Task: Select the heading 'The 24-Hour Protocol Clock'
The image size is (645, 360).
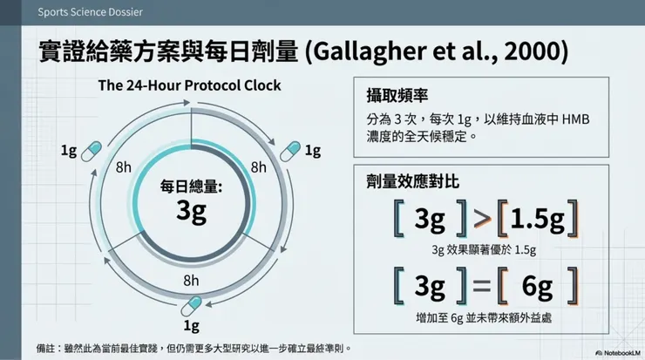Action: (189, 85)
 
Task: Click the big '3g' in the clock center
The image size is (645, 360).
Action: (191, 210)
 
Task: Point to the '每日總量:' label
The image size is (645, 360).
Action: (191, 186)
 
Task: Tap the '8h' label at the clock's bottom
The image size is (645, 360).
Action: (191, 280)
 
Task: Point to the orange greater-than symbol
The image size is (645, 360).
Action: (481, 221)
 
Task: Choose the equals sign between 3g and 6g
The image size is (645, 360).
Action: (481, 285)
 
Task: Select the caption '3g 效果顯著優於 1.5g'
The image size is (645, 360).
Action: (484, 250)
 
